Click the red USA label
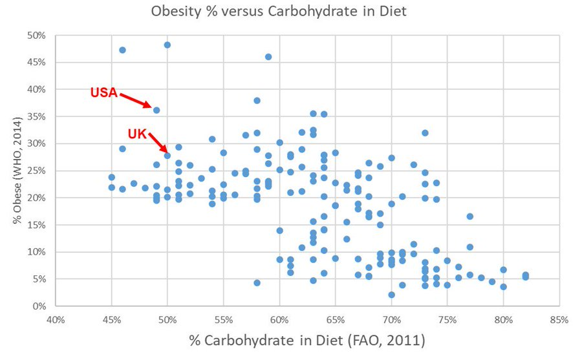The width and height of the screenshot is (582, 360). click(103, 93)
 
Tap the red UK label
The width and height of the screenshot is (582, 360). click(138, 134)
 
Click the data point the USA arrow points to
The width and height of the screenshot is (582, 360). click(156, 111)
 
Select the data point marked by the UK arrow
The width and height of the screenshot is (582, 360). click(167, 156)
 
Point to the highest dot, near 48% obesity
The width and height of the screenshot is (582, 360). click(167, 45)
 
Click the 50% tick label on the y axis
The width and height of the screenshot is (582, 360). click(36, 35)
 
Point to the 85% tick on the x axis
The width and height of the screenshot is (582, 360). click(559, 319)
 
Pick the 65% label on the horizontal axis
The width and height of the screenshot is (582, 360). click(336, 319)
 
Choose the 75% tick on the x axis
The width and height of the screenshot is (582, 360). click(447, 319)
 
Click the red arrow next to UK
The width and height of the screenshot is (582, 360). click(157, 142)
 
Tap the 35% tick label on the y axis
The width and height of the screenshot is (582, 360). click(36, 116)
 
